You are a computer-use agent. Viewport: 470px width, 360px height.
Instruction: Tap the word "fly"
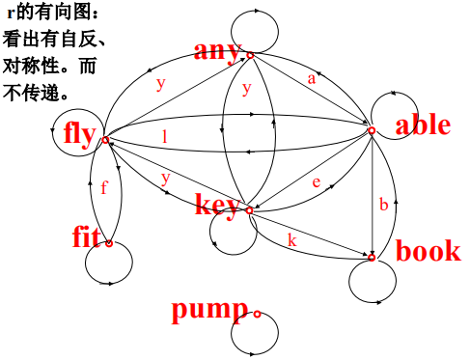point(80,133)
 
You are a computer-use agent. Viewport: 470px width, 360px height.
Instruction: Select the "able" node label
point(423,125)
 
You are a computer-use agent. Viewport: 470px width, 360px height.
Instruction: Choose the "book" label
point(429,251)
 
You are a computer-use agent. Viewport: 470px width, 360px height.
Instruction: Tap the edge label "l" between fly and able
point(165,137)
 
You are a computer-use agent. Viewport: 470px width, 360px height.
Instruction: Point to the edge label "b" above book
point(383,205)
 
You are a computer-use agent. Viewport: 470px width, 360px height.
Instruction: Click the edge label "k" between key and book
point(291,240)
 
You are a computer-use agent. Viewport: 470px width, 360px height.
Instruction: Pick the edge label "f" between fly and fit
point(103,188)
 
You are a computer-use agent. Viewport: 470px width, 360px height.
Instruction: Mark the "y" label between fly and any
point(160,83)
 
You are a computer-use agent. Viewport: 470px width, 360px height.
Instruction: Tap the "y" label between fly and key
point(166,178)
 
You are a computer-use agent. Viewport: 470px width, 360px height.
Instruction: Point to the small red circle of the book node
point(373,258)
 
